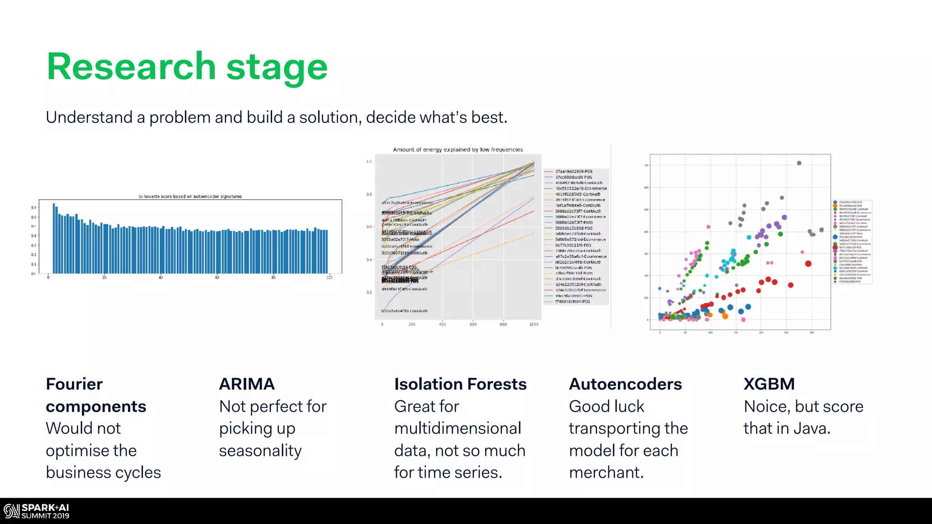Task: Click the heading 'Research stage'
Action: tap(187, 67)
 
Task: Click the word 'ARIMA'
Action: tap(247, 384)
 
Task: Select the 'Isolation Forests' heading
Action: tap(460, 384)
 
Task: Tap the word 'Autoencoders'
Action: tap(625, 384)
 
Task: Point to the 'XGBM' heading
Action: tap(769, 384)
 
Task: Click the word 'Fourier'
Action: tap(74, 384)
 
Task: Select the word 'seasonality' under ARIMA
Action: tap(260, 451)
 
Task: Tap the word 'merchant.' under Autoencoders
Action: tap(606, 473)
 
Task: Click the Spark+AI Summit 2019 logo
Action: tap(36, 511)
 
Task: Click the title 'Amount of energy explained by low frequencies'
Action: tap(458, 150)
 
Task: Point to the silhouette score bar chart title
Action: tap(190, 196)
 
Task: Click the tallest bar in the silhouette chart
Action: tap(54, 238)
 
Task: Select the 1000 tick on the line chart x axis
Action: tap(534, 324)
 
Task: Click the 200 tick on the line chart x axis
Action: tap(412, 324)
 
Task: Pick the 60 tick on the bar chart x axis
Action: tap(217, 277)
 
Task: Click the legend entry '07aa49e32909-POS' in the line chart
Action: tap(573, 171)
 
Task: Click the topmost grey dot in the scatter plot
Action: tap(799, 163)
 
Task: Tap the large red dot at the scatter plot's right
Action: tap(808, 263)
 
